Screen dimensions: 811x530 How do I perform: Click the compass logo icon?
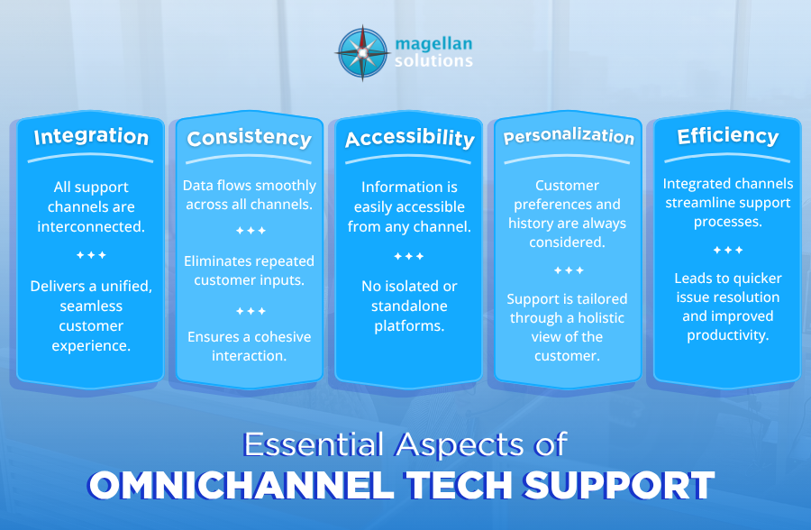pyautogui.click(x=362, y=53)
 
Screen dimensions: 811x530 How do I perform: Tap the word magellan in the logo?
pyautogui.click(x=433, y=44)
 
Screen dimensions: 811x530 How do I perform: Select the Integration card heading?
pyautogui.click(x=91, y=137)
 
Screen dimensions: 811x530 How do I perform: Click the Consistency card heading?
pyautogui.click(x=250, y=138)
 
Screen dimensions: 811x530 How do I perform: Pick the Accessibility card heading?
pyautogui.click(x=410, y=138)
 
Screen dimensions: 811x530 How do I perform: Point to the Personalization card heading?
pyautogui.click(x=569, y=135)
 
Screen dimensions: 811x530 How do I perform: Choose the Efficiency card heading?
pyautogui.click(x=728, y=135)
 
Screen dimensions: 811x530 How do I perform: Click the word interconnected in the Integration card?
pyautogui.click(x=91, y=227)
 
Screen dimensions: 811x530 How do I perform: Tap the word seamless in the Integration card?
pyautogui.click(x=91, y=306)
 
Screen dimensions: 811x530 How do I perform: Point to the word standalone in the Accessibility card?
pyautogui.click(x=409, y=306)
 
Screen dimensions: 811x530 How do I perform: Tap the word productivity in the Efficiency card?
pyautogui.click(x=728, y=335)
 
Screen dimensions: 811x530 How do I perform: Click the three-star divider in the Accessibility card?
pyautogui.click(x=409, y=256)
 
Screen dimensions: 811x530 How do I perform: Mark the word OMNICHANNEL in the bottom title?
pyautogui.click(x=241, y=485)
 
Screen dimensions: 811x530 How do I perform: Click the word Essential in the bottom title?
pyautogui.click(x=314, y=444)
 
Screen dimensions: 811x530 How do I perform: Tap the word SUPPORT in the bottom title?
pyautogui.click(x=619, y=485)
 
